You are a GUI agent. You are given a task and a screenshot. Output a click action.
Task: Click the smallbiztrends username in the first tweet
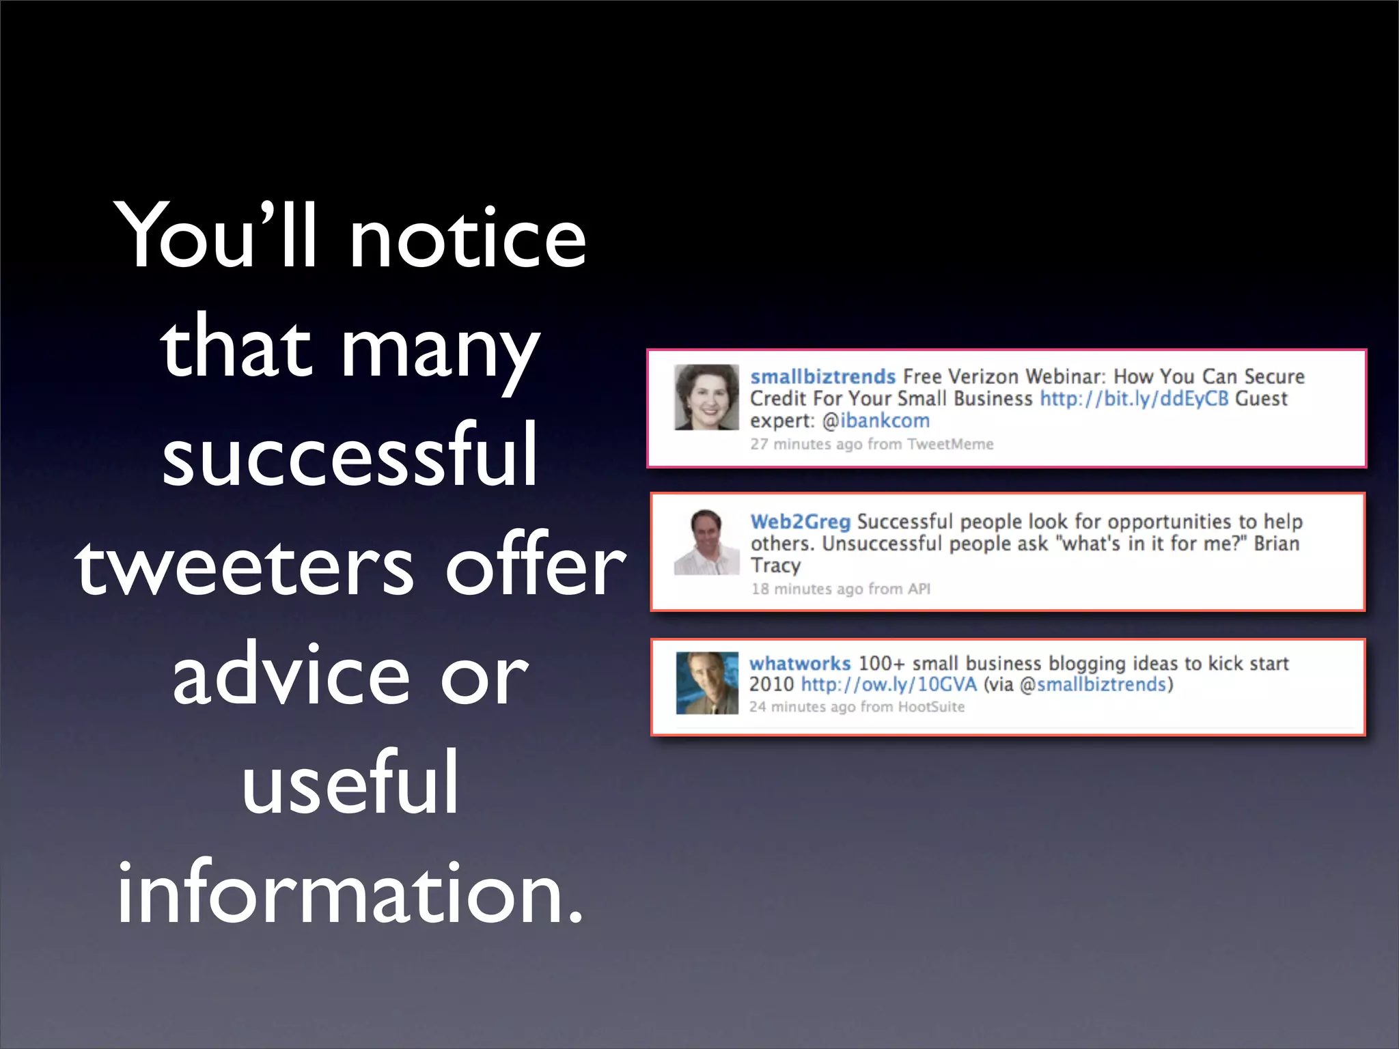click(x=822, y=376)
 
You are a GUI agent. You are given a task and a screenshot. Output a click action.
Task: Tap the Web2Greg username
click(x=800, y=522)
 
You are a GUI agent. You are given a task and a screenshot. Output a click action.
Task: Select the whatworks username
click(x=799, y=663)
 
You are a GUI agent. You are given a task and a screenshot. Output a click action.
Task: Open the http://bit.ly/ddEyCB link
click(x=1134, y=398)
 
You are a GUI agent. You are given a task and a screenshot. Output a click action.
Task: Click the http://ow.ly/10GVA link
click(x=889, y=684)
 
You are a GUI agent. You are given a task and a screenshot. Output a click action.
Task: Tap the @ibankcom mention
click(x=876, y=421)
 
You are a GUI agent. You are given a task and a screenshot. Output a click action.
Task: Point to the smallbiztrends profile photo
click(x=706, y=397)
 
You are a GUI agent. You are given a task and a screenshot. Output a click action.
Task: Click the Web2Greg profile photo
click(x=706, y=542)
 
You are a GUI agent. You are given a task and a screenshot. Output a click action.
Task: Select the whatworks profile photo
click(x=707, y=683)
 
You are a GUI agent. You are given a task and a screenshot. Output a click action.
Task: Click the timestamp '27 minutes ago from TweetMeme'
click(x=872, y=444)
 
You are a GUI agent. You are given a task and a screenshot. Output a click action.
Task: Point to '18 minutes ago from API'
click(x=840, y=589)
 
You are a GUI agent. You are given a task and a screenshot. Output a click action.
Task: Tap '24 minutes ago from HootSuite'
click(x=857, y=707)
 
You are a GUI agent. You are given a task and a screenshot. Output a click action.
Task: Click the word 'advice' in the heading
click(x=291, y=675)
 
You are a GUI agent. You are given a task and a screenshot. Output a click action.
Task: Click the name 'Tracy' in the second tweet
click(x=775, y=565)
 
